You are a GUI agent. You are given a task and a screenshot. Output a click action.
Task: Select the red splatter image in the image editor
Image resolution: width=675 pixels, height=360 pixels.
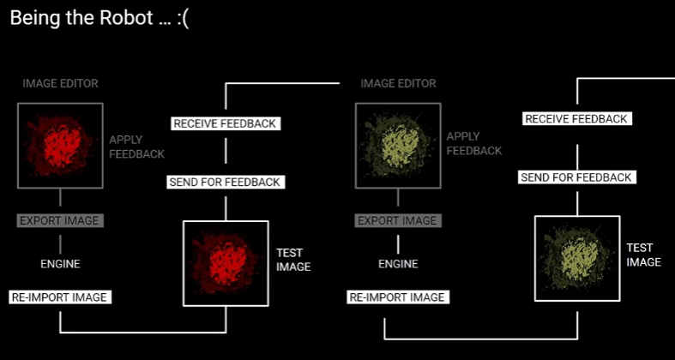[x=60, y=145]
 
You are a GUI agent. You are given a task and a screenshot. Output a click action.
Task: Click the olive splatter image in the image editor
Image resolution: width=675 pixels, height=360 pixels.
[x=398, y=145]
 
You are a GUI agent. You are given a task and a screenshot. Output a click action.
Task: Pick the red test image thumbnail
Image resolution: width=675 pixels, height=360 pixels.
[x=226, y=262]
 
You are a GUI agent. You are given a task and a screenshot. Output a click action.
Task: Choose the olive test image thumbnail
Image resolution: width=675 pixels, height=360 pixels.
[x=576, y=258]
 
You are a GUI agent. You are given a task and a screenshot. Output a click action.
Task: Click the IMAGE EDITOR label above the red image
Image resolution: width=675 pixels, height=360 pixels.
[x=60, y=84]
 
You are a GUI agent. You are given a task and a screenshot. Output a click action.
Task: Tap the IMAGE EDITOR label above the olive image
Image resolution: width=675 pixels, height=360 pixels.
[x=398, y=84]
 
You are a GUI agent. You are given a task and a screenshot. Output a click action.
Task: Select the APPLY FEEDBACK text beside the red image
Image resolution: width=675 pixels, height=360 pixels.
[x=136, y=147]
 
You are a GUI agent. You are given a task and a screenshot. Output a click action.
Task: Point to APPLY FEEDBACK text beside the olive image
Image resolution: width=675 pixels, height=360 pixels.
[x=473, y=144]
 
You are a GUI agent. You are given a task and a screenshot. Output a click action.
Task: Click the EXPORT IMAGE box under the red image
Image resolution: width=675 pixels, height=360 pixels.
[x=60, y=220]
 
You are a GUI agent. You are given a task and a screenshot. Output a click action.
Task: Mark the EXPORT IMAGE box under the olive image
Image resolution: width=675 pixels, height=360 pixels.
[x=397, y=220]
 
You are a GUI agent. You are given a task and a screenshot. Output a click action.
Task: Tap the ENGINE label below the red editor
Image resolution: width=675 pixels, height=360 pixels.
[x=60, y=264]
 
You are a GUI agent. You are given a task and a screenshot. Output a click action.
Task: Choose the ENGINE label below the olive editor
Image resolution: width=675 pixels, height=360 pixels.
[x=398, y=264]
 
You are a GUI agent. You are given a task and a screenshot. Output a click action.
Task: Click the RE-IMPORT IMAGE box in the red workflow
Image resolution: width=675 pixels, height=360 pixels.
[x=60, y=297]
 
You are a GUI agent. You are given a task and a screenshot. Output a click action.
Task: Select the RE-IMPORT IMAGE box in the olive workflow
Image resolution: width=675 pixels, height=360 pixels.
[x=397, y=297]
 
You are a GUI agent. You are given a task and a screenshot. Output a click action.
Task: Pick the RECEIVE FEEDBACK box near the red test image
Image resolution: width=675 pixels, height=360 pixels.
[x=226, y=123]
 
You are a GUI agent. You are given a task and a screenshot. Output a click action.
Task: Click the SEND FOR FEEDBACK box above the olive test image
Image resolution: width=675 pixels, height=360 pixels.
[x=576, y=177]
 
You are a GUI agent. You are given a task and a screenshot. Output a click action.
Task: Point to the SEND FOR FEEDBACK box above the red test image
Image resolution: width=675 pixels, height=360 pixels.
[x=226, y=182]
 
